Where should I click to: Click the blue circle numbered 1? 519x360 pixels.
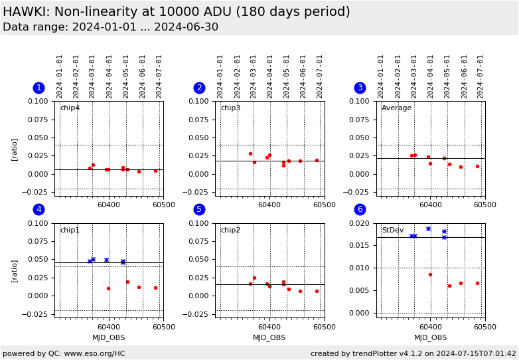[38, 88]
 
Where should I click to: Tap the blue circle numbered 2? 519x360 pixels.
[199, 88]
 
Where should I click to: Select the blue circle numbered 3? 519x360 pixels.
[360, 88]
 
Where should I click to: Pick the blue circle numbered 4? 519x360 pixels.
[38, 209]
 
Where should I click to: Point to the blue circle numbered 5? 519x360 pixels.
[199, 209]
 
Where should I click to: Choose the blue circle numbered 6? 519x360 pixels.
[360, 209]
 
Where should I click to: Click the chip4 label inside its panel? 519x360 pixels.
[70, 108]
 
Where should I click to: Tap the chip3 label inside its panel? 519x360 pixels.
[230, 108]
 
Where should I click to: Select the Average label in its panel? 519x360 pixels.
[396, 108]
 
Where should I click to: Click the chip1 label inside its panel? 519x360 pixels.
[70, 230]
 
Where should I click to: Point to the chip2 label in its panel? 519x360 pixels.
[230, 230]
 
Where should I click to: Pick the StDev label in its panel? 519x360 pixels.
[392, 230]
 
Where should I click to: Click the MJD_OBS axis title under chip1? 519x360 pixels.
[108, 337]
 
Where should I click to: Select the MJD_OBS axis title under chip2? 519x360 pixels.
[269, 337]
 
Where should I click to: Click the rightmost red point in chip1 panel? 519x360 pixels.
[155, 288]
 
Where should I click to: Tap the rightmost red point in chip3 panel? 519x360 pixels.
[317, 160]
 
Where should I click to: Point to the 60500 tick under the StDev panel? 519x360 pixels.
[485, 326]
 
